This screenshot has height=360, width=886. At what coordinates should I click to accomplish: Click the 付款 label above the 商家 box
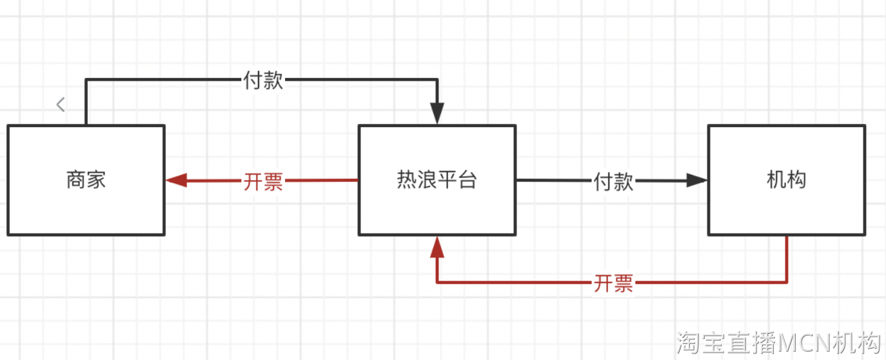263,81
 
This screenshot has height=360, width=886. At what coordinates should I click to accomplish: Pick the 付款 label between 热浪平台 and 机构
613,181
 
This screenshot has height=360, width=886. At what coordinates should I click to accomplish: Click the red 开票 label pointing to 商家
263,181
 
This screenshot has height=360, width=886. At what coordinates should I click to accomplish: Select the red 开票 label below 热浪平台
613,283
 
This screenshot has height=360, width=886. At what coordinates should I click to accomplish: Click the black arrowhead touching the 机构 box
697,181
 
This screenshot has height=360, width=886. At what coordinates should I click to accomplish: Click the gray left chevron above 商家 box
61,104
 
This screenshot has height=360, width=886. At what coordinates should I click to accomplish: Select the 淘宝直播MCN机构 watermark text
778,343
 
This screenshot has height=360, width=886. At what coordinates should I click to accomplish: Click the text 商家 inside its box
86,180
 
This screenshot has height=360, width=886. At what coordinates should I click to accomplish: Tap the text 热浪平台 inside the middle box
437,180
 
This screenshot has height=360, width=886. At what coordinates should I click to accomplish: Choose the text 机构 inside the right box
786,180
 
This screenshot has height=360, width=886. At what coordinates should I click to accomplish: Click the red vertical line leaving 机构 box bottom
787,258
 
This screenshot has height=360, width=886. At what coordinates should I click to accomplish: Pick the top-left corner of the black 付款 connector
86,80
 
